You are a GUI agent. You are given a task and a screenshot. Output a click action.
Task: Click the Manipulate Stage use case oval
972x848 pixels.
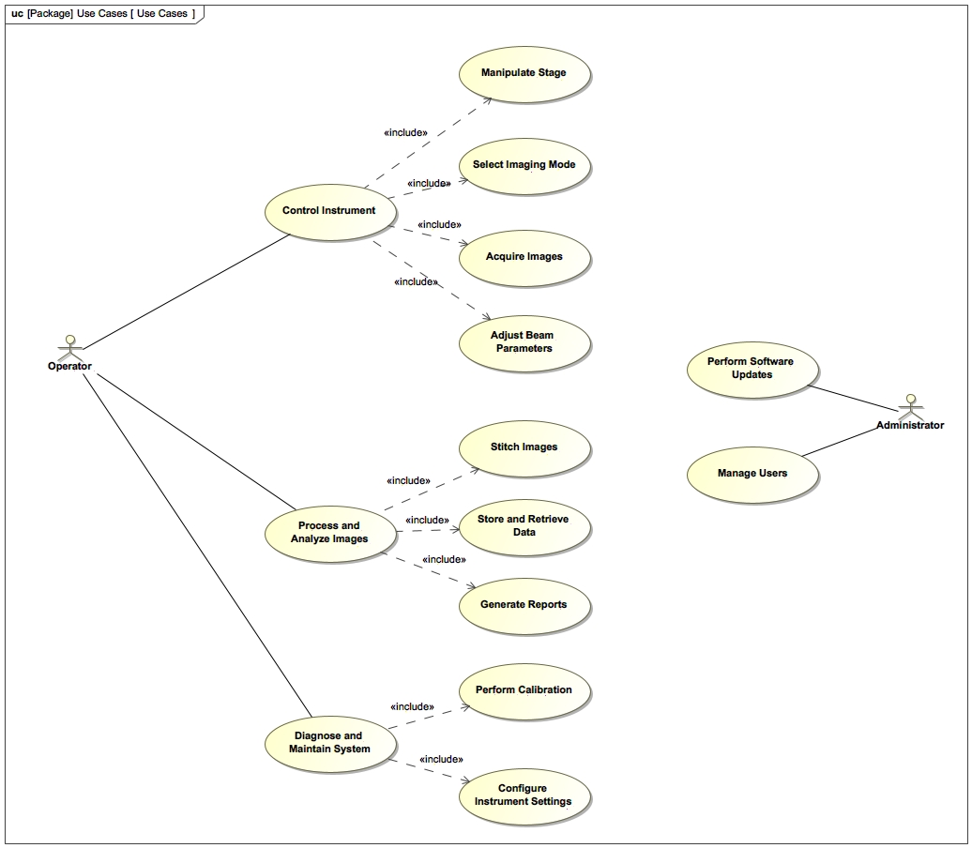[x=524, y=73]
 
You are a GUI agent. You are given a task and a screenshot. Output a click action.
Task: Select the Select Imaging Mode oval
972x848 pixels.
[x=524, y=165]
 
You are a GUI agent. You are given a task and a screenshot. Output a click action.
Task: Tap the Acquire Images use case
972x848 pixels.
[x=524, y=256]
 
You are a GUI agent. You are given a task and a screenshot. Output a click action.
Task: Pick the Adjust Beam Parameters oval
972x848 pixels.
[x=524, y=342]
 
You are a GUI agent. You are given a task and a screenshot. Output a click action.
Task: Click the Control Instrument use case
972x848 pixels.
[x=328, y=211]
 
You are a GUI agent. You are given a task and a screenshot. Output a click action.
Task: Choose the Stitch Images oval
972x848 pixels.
[x=524, y=447]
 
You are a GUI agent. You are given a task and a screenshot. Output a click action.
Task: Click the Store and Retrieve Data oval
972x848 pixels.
[x=524, y=526]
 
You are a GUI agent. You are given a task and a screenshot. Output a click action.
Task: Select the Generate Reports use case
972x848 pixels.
[x=524, y=605]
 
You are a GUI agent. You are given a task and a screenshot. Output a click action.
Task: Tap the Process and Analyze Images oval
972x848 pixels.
[x=329, y=533]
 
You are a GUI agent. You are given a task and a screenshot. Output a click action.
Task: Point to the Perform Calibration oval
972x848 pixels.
[x=524, y=690]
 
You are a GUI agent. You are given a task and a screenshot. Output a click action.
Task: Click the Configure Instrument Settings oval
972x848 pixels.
[x=524, y=795]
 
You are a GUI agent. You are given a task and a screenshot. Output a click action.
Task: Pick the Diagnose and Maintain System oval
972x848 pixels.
[x=329, y=743]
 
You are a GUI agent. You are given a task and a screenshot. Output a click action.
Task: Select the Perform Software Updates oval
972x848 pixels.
[x=752, y=369]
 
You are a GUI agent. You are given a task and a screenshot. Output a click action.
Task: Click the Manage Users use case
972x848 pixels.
[x=752, y=474]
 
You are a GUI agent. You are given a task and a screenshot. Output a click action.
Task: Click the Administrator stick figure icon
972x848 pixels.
[x=909, y=405]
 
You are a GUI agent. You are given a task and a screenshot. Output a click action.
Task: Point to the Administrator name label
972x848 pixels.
[x=910, y=426]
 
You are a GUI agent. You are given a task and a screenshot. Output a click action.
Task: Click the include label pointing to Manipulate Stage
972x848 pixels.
[x=405, y=133]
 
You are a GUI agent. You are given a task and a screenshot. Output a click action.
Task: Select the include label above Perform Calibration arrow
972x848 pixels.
[x=412, y=707]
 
